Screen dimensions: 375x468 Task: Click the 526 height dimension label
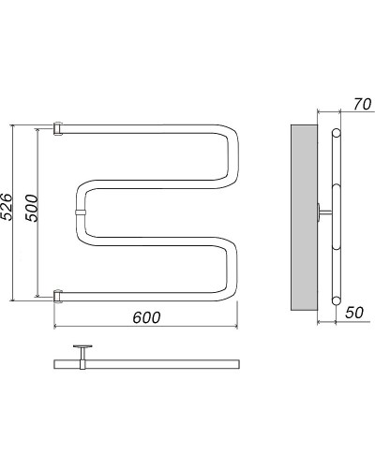pos(6,207)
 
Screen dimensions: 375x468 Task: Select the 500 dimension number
pos(32,208)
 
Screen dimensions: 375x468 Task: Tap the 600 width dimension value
pos(146,317)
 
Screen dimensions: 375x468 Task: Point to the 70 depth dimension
pos(362,104)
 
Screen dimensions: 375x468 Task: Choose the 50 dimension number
pos(354,313)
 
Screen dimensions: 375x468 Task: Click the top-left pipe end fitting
pos(58,128)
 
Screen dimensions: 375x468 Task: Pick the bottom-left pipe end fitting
pos(58,296)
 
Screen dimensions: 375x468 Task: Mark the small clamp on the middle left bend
pos(81,212)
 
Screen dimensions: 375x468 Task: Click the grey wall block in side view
pos(304,217)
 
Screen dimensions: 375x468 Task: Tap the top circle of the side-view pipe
pos(336,133)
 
